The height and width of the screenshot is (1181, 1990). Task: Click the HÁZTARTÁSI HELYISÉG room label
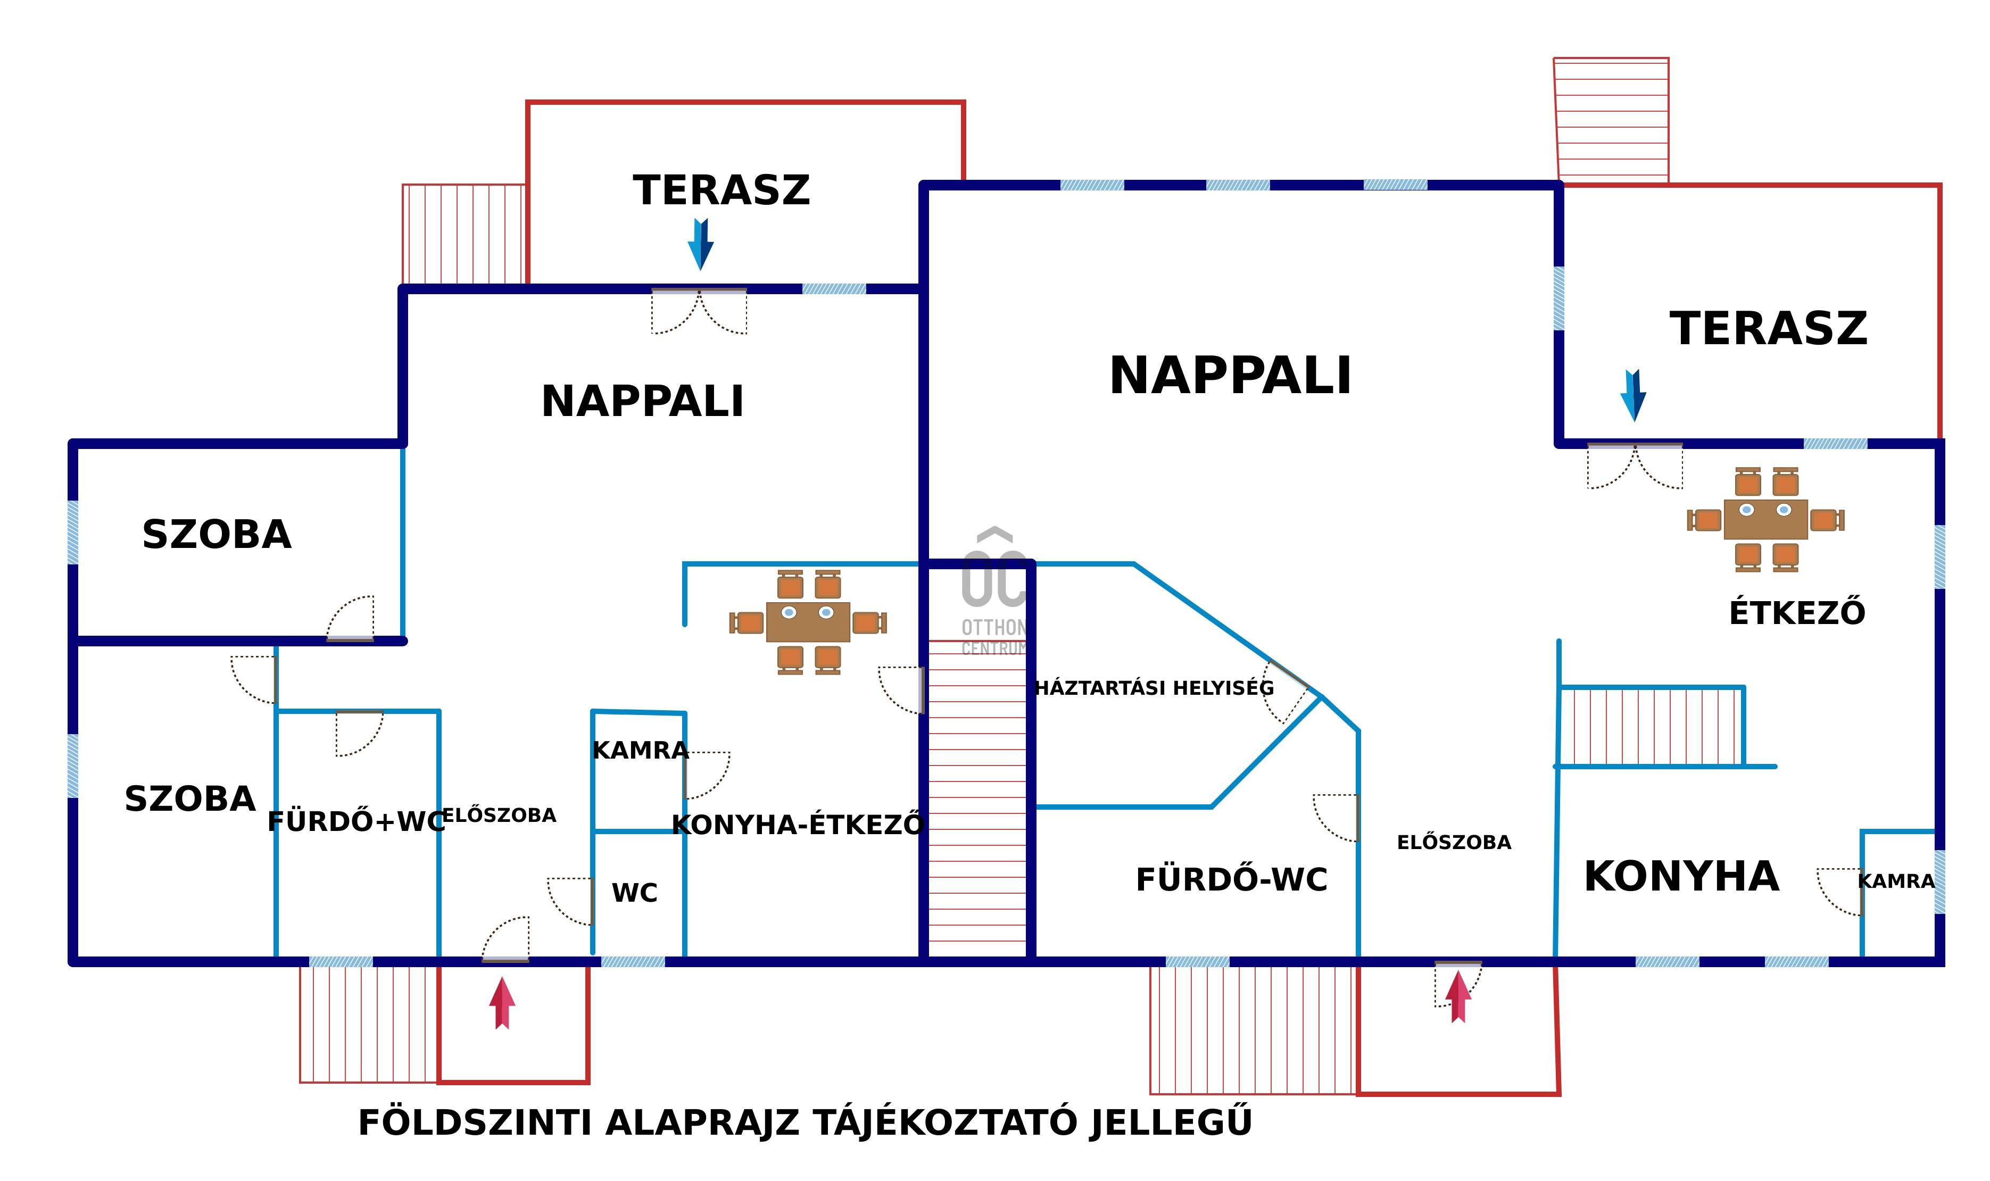tap(1154, 688)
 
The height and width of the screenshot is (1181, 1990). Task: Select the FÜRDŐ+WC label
tap(356, 822)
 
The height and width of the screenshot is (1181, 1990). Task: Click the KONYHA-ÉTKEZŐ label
tap(798, 825)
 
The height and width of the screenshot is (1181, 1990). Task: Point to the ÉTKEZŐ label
tap(1796, 613)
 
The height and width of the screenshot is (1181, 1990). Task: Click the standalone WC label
tap(634, 893)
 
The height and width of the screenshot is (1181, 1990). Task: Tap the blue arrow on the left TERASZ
tap(700, 244)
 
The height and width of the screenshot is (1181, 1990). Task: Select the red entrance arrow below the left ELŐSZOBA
tap(501, 1003)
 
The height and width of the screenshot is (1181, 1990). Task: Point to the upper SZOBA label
tap(217, 535)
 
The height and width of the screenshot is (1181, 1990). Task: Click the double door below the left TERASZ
tap(699, 310)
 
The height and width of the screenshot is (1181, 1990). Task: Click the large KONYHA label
tap(1681, 877)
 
